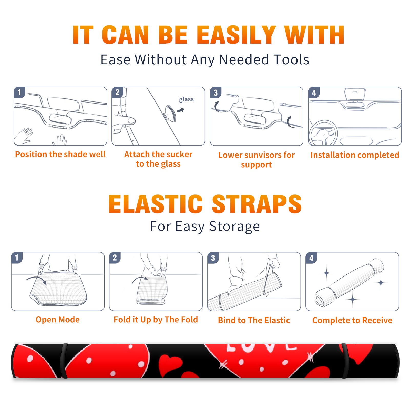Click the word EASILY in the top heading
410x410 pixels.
[236, 35]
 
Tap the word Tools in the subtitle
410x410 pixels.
[291, 60]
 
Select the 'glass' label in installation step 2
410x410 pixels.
[186, 99]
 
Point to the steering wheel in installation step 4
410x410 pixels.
[323, 133]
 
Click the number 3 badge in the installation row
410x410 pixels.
[216, 93]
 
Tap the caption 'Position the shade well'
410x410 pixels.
[60, 154]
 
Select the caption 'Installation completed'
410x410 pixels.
[355, 155]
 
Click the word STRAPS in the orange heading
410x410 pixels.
[257, 204]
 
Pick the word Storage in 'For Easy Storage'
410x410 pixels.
[234, 227]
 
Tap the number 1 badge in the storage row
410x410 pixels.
[17, 258]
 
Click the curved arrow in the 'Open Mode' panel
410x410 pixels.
[37, 280]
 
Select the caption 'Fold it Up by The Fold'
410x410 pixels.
[156, 320]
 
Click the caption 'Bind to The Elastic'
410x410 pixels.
[254, 320]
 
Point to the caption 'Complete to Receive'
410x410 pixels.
[352, 320]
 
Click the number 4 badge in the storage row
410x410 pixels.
[311, 258]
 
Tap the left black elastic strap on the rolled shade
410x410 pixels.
[64, 361]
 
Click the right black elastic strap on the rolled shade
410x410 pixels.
[345, 361]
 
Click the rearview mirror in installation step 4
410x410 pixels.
[355, 94]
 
